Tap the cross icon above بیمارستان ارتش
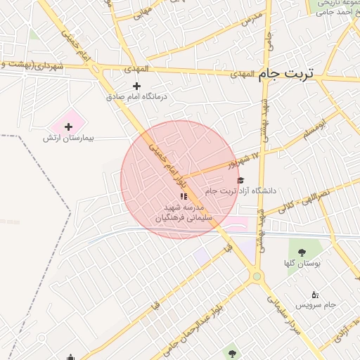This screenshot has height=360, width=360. click(68, 127)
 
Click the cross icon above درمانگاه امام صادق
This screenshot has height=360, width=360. click(136, 86)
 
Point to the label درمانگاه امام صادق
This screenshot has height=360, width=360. click(138, 97)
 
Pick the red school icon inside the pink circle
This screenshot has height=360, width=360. click(184, 196)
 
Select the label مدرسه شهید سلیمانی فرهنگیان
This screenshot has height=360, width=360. click(179, 213)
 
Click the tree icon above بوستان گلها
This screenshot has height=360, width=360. click(302, 253)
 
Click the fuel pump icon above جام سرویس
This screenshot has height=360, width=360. click(314, 295)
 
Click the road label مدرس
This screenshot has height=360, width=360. click(251, 18)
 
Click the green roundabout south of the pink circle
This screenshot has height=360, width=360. click(257, 276)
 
